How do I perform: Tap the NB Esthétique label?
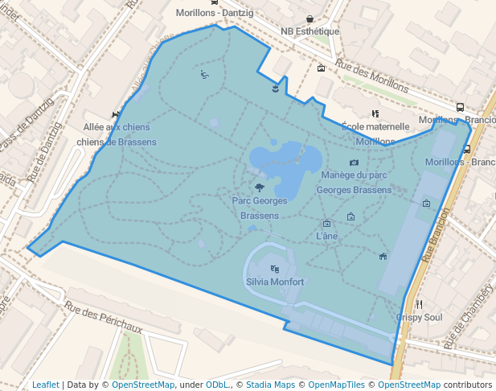309,31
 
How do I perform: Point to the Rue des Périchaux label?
104,317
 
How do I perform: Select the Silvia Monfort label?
275,282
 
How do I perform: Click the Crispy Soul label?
419,317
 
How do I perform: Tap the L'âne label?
327,236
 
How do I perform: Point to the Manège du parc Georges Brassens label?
354,182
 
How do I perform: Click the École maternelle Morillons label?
375,134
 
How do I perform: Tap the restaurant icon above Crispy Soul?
420,304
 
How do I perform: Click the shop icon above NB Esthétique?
310,19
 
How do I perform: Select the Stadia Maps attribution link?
270,385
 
